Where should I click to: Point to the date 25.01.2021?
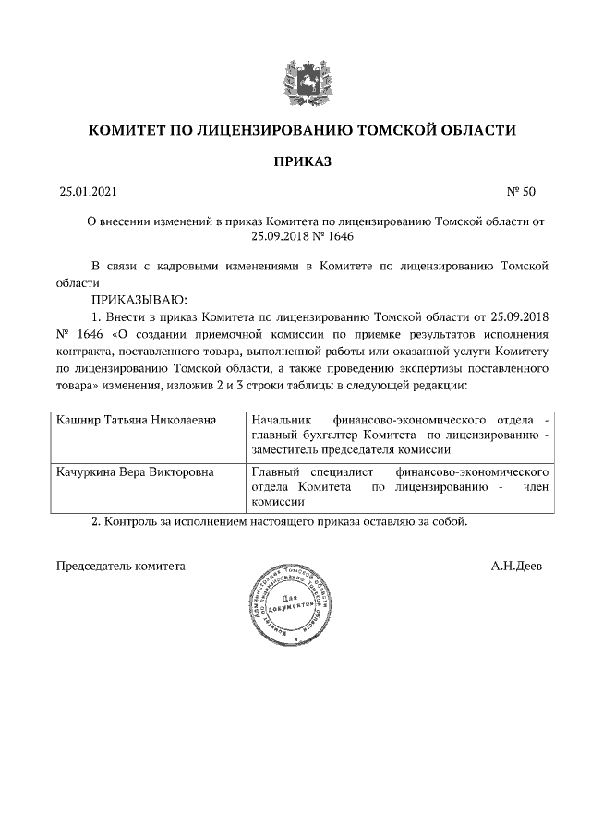click(89, 193)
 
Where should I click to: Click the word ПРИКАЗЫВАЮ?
click(139, 300)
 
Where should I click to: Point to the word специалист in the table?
click(343, 471)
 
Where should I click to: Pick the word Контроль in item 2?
click(133, 522)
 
